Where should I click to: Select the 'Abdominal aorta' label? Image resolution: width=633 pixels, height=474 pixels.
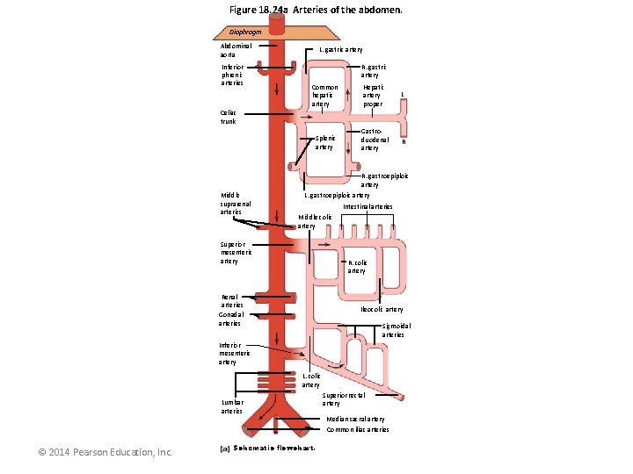[x=236, y=50]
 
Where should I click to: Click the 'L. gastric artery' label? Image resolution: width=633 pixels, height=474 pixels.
[x=341, y=50]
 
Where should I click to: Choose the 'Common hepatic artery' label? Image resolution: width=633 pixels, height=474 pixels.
[x=324, y=96]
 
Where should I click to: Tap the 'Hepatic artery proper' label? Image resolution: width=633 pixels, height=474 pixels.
[x=373, y=96]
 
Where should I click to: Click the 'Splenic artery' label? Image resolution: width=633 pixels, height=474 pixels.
[x=324, y=142]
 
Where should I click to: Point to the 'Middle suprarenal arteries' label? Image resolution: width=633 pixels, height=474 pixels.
[x=236, y=203]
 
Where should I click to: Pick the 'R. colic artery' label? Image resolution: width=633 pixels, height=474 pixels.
[x=357, y=266]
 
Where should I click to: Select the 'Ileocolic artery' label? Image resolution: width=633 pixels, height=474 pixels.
[x=382, y=309]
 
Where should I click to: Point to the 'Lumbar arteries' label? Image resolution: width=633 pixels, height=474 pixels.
[x=232, y=406]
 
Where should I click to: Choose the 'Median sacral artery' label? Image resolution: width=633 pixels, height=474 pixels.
[x=356, y=419]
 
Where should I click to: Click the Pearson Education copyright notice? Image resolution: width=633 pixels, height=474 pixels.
[x=105, y=452]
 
